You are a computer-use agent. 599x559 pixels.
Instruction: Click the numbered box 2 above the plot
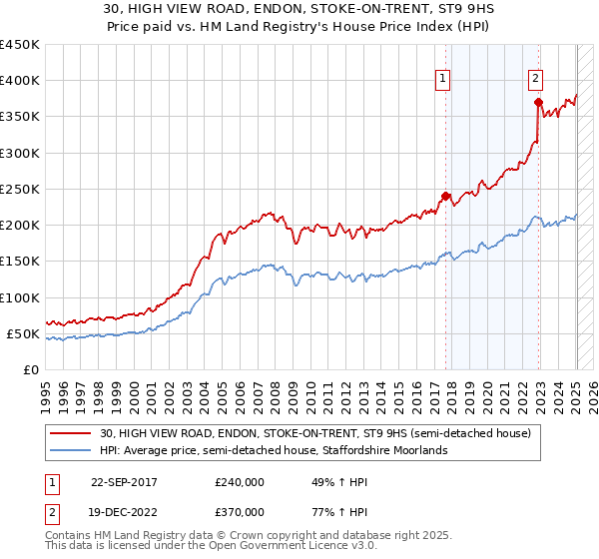[x=535, y=79]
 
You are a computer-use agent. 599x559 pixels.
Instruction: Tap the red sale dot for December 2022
[x=538, y=102]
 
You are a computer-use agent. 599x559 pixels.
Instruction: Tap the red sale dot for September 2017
[x=445, y=196]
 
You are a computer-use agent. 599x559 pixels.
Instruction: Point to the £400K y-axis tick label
[x=20, y=81]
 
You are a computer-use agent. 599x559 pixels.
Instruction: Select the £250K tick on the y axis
[x=20, y=189]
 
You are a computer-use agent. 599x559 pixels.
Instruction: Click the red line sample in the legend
[x=72, y=432]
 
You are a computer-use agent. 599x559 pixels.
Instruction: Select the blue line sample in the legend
[x=72, y=450]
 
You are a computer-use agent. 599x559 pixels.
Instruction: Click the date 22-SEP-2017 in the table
[x=125, y=480]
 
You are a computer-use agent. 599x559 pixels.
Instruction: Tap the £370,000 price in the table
[x=240, y=512]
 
